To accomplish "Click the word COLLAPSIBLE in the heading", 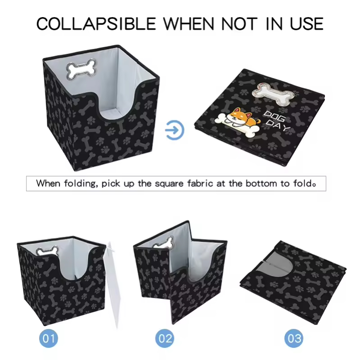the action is click(96, 24).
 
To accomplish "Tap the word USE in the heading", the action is click(307, 24).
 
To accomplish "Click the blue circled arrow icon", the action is click(175, 130).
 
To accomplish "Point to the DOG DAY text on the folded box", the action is click(276, 121).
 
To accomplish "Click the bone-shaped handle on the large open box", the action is click(81, 69).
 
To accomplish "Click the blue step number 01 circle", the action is click(49, 338).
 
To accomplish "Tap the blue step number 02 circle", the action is click(165, 338).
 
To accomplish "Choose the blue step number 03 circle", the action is click(294, 338).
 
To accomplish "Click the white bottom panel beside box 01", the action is click(113, 285).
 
